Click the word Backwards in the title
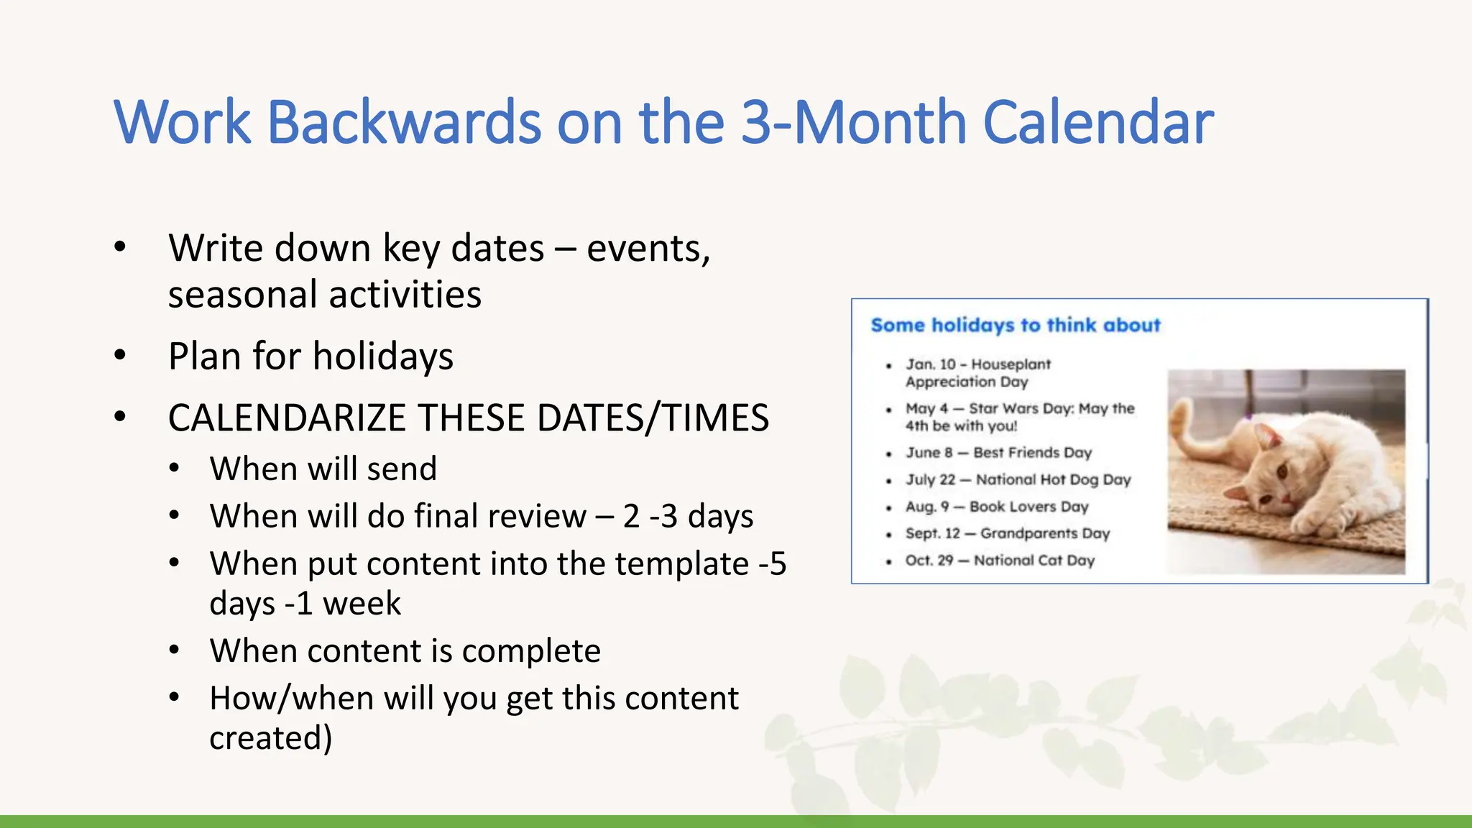click(404, 122)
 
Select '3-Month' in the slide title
click(853, 122)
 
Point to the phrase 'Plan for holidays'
click(310, 356)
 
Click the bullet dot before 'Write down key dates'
click(120, 248)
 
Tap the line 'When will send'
click(323, 469)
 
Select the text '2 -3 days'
click(688, 516)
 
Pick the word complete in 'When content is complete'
click(530, 651)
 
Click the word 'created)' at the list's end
click(271, 738)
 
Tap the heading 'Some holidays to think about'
click(1015, 326)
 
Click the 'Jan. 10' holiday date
click(930, 364)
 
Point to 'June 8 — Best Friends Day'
click(998, 453)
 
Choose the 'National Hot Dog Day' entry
click(1053, 479)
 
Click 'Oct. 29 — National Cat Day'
click(1000, 561)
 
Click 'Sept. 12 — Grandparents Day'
click(1007, 533)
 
